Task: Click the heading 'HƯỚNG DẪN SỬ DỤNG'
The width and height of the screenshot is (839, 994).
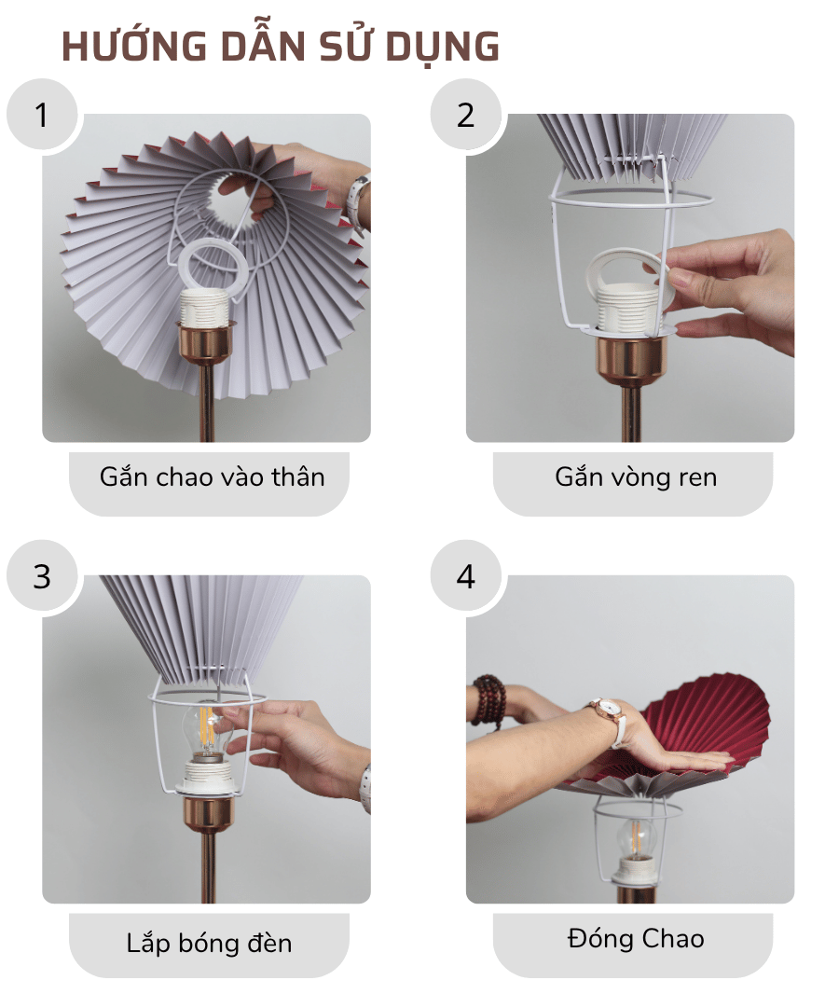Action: (x=281, y=48)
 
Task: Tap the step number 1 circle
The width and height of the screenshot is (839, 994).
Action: (x=42, y=116)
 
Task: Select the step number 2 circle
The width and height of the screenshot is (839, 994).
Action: (x=465, y=116)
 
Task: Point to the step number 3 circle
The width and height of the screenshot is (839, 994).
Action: (x=42, y=576)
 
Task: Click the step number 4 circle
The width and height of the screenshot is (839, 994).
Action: (x=465, y=576)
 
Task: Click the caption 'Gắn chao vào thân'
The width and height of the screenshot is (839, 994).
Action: (x=212, y=477)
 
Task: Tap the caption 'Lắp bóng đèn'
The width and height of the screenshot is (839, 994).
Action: (x=209, y=943)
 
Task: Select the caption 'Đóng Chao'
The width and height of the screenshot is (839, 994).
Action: (x=635, y=938)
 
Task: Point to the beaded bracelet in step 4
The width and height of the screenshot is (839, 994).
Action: (x=488, y=699)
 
